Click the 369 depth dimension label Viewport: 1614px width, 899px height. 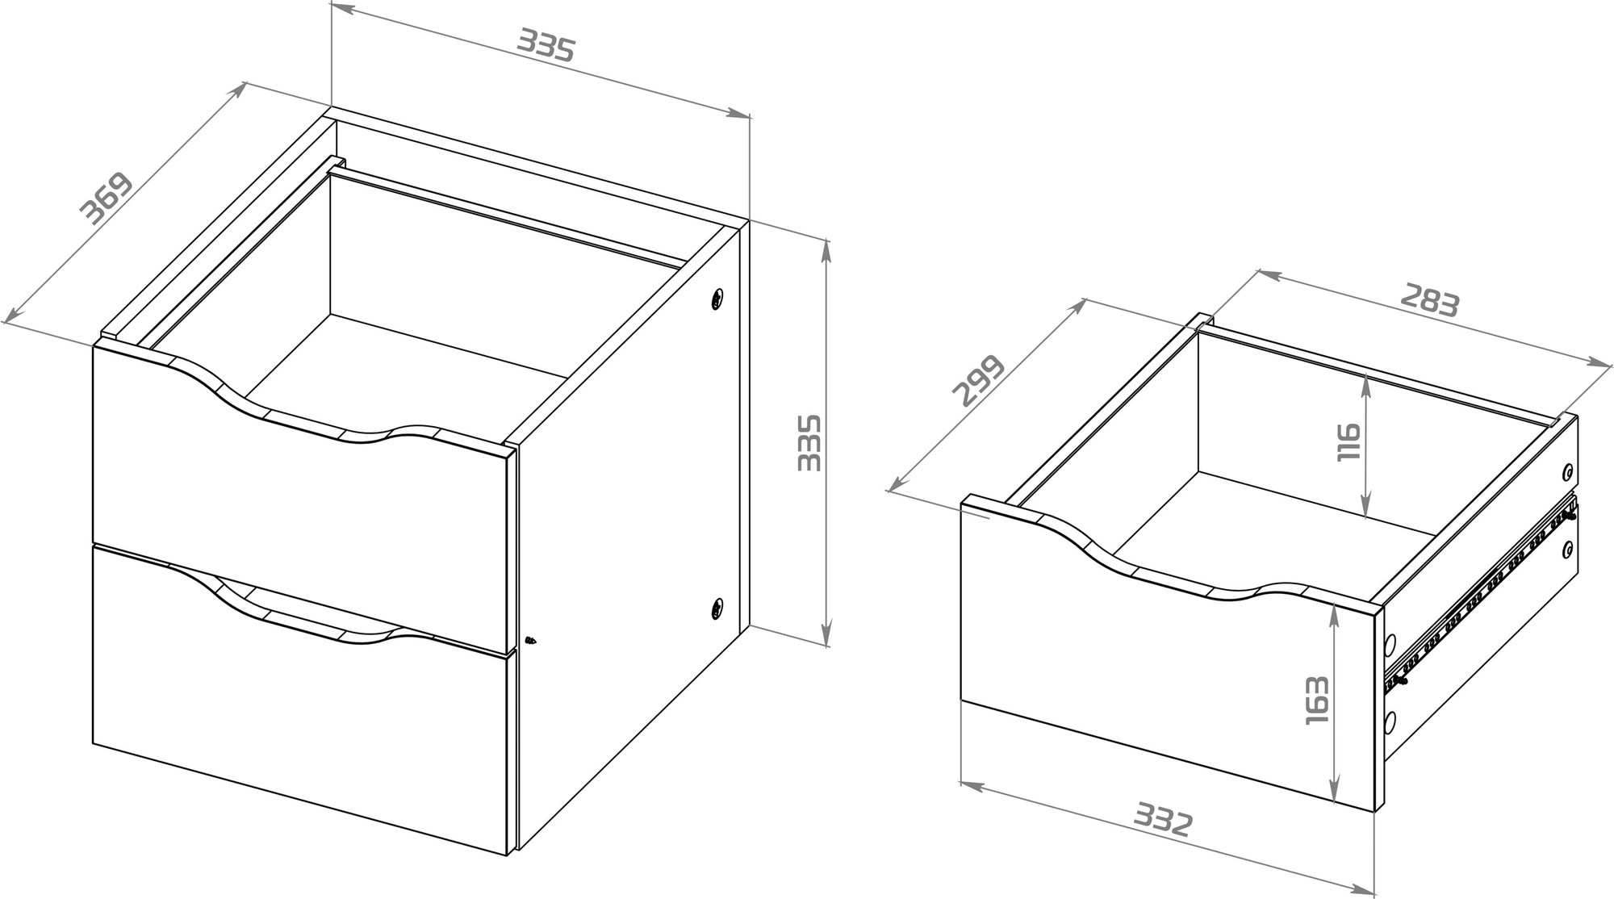[x=107, y=197]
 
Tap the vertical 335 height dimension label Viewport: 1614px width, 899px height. [x=809, y=442]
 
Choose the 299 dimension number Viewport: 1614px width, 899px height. [x=979, y=380]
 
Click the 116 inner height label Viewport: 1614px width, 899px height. [x=1349, y=442]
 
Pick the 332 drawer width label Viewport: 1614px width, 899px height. [x=1163, y=818]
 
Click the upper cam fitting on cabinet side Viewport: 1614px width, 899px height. [x=717, y=299]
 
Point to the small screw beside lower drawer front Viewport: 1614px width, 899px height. [x=529, y=639]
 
